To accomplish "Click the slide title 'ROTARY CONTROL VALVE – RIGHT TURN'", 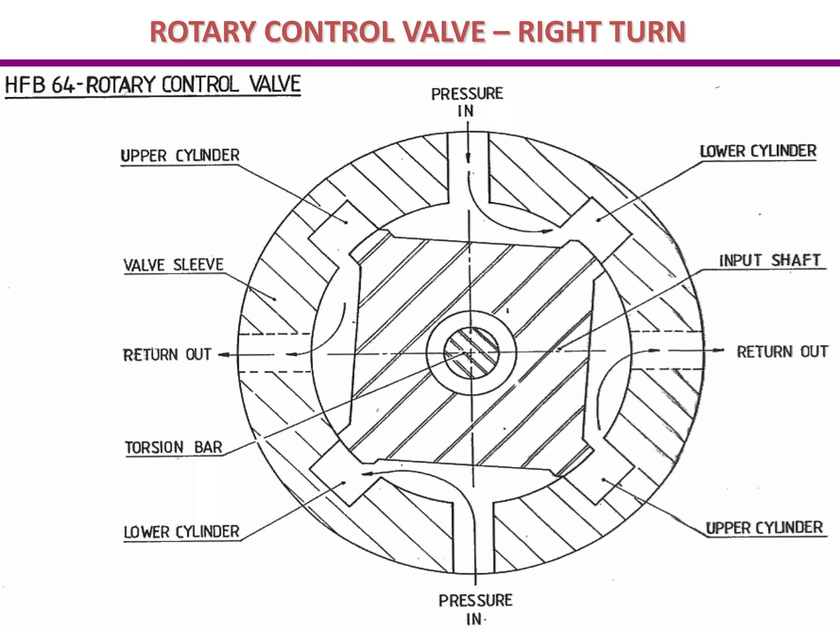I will coord(418,32).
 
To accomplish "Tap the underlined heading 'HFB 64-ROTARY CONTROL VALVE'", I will coord(153,85).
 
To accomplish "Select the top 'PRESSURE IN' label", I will coord(467,102).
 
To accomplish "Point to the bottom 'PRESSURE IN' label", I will coord(475,609).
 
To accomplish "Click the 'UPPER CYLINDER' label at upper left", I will coord(180,155).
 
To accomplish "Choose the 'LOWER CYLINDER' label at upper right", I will coord(758,151).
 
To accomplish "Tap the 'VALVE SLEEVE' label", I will coord(173,265).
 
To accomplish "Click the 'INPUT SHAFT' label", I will coord(770,260).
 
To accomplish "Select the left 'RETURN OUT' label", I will coord(167,354).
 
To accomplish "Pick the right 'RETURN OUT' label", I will coord(782,352).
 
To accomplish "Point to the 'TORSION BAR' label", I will coord(173,447).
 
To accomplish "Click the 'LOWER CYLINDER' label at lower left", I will coord(181,532).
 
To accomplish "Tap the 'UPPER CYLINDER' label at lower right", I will coord(764,527).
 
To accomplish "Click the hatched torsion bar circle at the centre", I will coord(472,352).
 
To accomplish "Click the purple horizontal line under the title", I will coord(420,63).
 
